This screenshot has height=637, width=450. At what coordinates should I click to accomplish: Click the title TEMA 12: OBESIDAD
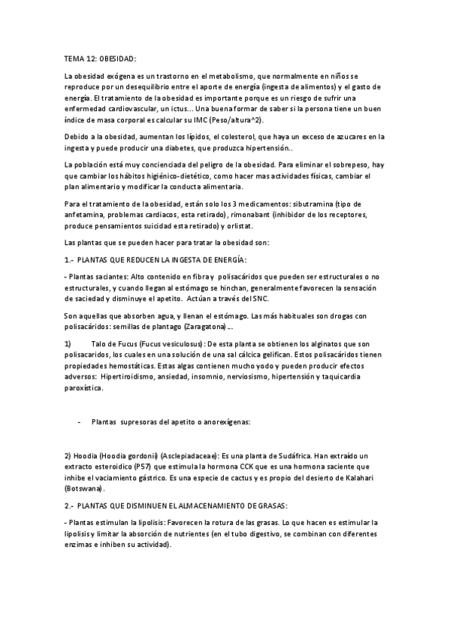(x=100, y=58)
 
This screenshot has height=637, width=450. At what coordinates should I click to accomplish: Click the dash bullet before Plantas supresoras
(x=79, y=422)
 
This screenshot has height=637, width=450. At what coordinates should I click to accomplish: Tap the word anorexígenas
(x=226, y=422)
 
